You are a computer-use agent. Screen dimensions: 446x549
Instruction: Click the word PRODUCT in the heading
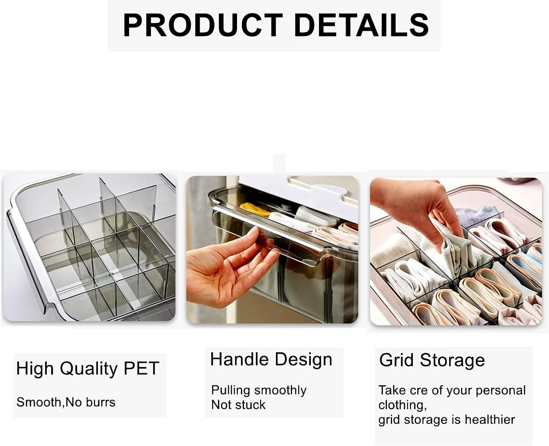click(203, 25)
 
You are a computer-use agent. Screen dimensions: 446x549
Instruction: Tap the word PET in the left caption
click(141, 368)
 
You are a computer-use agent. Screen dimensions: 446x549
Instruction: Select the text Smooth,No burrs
click(66, 402)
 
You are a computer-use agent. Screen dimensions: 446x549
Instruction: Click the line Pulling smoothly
click(259, 390)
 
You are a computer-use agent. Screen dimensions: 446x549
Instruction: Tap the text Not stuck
click(238, 405)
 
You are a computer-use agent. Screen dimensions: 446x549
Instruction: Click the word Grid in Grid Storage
click(396, 360)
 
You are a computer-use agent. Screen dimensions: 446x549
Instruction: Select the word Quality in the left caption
click(88, 369)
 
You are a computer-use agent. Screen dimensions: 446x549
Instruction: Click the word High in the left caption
click(35, 369)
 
